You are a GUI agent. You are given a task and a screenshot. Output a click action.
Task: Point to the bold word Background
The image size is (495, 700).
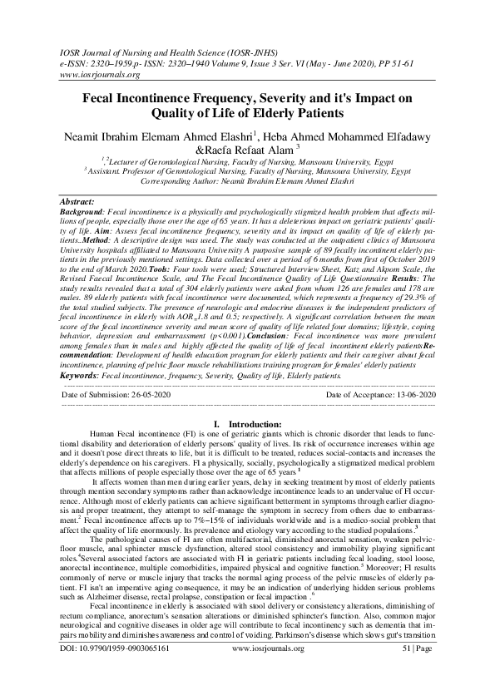point(83,214)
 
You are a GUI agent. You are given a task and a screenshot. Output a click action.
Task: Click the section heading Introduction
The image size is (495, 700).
point(250,423)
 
